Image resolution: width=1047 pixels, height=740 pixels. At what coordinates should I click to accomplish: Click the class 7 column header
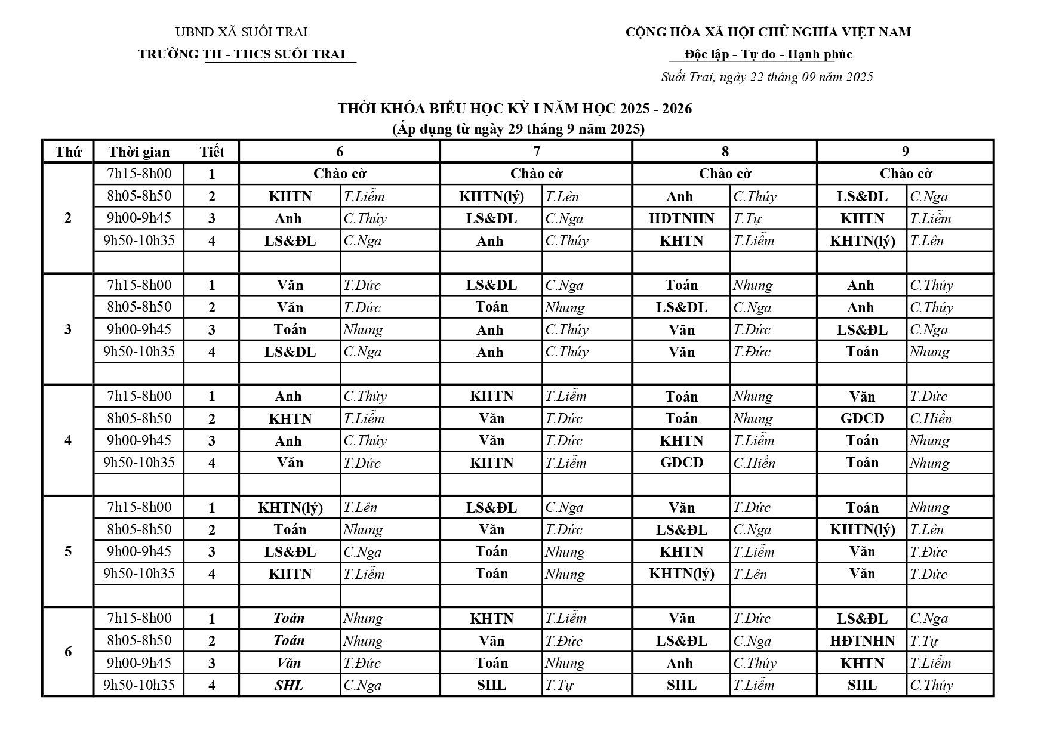536,152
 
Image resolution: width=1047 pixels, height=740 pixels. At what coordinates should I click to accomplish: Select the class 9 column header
905,152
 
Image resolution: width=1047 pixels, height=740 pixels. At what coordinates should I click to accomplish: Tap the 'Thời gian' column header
139,152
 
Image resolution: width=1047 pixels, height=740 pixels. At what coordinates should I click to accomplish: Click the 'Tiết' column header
212,152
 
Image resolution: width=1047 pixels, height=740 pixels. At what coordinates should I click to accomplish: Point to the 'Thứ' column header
68,152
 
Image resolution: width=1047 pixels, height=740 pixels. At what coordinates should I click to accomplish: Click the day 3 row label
68,329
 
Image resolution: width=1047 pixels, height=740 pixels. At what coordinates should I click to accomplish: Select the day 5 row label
68,551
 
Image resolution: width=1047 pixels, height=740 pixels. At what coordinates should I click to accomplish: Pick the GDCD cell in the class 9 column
862,418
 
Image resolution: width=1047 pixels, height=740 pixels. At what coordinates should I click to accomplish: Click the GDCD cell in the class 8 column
682,462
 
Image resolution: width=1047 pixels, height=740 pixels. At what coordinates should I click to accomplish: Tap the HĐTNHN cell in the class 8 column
682,218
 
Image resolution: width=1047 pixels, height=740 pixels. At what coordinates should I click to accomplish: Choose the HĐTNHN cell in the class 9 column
862,641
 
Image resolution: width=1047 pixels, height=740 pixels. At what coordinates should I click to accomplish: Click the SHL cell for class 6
289,686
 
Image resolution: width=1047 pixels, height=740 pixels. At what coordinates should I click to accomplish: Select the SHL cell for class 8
682,686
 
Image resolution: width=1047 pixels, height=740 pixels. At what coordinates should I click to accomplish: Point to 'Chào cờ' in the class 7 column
536,174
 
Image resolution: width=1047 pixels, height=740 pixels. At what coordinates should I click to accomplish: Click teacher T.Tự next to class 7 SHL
559,686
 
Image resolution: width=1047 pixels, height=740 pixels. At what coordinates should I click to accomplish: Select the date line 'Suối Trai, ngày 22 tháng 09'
767,77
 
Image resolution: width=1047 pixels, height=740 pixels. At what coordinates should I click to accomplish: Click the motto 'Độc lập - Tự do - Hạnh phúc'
768,54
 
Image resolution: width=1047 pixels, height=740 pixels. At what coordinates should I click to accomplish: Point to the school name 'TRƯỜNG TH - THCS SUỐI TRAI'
242,54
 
